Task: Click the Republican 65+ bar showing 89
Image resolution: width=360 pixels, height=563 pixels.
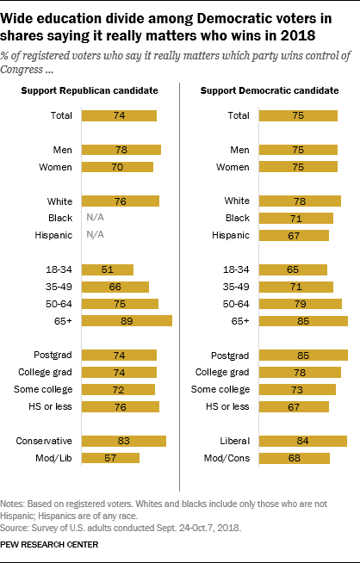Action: tap(127, 320)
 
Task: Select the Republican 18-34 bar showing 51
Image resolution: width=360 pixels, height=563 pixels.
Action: tap(108, 269)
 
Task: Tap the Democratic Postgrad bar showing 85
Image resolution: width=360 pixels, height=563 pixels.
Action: tap(303, 356)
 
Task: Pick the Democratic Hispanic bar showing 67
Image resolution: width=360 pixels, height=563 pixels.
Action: tap(294, 236)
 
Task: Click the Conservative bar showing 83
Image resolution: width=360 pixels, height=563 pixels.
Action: tap(124, 441)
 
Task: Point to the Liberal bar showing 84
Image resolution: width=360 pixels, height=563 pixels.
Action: tap(303, 441)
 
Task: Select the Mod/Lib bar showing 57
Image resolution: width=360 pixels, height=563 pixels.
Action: tap(110, 458)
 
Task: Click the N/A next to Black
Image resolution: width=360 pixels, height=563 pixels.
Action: tap(96, 218)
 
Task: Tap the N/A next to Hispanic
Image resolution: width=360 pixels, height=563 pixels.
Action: tap(96, 235)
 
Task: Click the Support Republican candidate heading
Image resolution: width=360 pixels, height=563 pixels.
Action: tap(90, 90)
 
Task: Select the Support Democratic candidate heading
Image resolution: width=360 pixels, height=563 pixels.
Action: tap(270, 90)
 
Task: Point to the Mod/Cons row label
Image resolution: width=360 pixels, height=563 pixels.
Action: tap(227, 458)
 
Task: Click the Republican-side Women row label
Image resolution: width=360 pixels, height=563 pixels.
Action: tap(55, 167)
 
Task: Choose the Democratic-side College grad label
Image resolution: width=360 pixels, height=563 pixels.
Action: tap(222, 373)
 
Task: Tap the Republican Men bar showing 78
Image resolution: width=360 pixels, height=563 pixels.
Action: tap(121, 150)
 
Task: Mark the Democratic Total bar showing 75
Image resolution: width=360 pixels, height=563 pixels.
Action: tap(298, 115)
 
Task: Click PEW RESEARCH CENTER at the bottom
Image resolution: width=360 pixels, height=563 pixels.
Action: tap(49, 545)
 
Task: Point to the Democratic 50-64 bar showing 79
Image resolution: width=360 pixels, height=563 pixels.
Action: tap(301, 304)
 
